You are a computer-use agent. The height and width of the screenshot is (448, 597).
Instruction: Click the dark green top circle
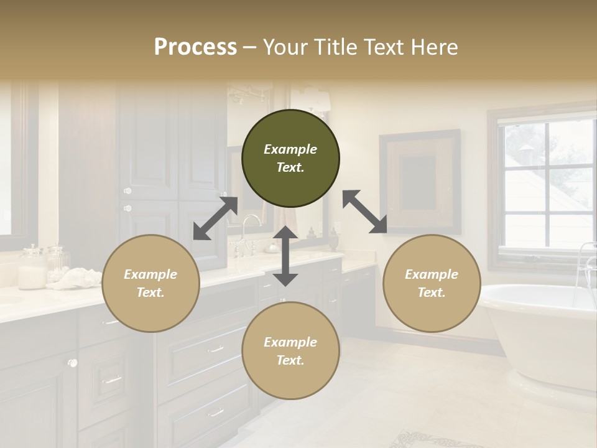point(290,158)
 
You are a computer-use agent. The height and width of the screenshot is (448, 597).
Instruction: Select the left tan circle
point(150,283)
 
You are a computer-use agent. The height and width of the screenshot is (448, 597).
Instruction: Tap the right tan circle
point(432,283)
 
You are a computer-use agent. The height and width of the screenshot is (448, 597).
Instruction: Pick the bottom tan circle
point(290,351)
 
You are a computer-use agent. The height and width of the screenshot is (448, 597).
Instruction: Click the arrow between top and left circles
point(215,218)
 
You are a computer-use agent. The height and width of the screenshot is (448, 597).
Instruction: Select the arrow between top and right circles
point(365,212)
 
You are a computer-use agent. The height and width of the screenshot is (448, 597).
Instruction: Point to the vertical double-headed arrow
point(285,256)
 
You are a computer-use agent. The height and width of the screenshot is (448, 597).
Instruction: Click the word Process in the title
point(195,47)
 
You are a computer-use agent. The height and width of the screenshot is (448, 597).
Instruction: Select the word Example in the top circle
point(290,149)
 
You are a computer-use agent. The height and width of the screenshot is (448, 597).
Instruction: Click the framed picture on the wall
point(420,180)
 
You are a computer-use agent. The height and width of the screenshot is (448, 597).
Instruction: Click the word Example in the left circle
point(150,274)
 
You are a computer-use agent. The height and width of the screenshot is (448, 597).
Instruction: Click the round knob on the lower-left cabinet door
point(73,363)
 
